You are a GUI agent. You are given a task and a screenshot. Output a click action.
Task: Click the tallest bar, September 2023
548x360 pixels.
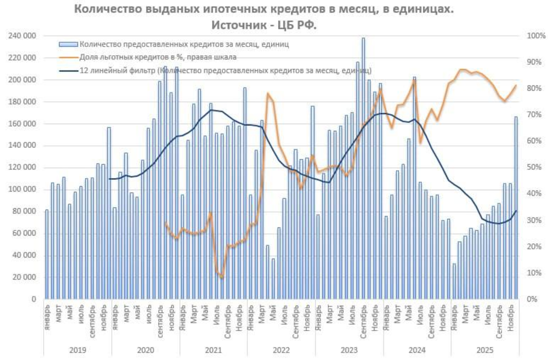pos(363,169)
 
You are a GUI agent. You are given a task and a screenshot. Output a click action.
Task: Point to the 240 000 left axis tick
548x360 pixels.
pos(21,36)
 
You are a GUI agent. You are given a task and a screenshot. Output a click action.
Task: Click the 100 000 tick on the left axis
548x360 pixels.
pos(21,190)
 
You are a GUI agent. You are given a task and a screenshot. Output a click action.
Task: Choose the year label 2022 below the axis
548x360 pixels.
pos(281,350)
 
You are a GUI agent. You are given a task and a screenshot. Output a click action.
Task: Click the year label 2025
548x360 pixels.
pos(484,350)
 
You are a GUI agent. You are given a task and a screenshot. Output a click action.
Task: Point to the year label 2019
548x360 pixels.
pos(78,350)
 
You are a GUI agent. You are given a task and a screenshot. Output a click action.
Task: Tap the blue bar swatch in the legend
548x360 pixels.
pos(68,43)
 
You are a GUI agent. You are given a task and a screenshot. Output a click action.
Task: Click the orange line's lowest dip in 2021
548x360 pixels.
pos(222,277)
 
